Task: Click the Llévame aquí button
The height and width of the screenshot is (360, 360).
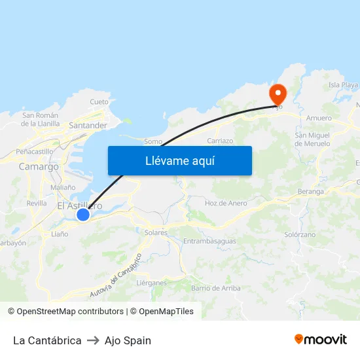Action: pyautogui.click(x=180, y=160)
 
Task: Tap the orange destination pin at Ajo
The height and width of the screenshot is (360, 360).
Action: pyautogui.click(x=278, y=93)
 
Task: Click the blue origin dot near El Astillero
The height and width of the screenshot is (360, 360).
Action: pyautogui.click(x=82, y=215)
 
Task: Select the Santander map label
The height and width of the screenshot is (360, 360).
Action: pyautogui.click(x=88, y=125)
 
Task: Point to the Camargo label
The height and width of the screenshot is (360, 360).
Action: pyautogui.click(x=39, y=166)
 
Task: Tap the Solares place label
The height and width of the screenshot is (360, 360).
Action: pyautogui.click(x=156, y=232)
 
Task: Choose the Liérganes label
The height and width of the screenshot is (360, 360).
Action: pyautogui.click(x=151, y=283)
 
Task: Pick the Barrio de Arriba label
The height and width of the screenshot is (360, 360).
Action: pyautogui.click(x=215, y=288)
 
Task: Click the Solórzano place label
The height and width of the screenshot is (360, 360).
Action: pyautogui.click(x=300, y=234)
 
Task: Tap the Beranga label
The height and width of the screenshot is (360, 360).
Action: pyautogui.click(x=310, y=192)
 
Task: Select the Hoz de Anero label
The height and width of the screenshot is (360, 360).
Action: pyautogui.click(x=226, y=203)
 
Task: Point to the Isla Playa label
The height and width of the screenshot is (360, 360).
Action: pyautogui.click(x=343, y=85)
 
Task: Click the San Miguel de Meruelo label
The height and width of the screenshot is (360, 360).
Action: pyautogui.click(x=317, y=139)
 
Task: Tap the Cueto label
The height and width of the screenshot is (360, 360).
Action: pyautogui.click(x=99, y=101)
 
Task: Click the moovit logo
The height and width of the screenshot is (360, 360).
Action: pyautogui.click(x=320, y=339)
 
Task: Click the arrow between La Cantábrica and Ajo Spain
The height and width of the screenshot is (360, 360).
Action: pyautogui.click(x=93, y=340)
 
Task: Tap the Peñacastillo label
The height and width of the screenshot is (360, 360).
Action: pyautogui.click(x=34, y=151)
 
